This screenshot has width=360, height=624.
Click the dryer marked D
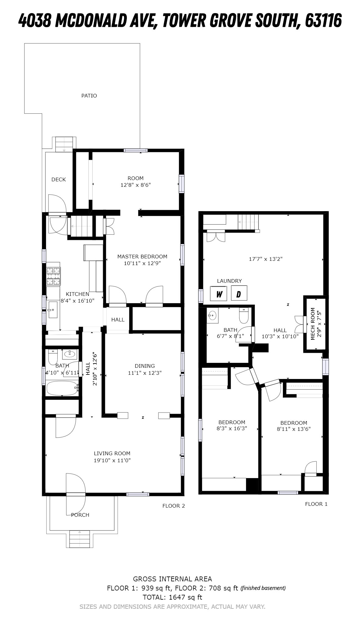(x=239, y=293)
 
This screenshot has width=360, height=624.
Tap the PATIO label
(x=89, y=96)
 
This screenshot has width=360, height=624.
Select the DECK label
(x=59, y=179)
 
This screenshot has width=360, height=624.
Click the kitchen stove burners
(x=53, y=276)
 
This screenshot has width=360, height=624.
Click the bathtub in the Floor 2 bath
(x=63, y=388)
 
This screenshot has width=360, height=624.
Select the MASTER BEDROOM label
(x=142, y=257)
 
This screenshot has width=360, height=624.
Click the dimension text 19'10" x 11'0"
(x=112, y=460)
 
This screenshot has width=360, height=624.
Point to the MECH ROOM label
(x=313, y=324)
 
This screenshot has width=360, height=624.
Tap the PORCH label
(x=80, y=515)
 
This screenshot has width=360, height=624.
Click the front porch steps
(x=80, y=539)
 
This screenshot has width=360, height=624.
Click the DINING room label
(x=145, y=366)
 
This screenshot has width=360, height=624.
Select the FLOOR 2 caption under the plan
(x=174, y=506)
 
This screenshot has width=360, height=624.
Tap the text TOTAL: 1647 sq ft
(x=173, y=597)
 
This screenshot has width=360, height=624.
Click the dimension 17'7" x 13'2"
(x=266, y=259)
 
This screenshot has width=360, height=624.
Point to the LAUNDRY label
(x=229, y=281)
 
